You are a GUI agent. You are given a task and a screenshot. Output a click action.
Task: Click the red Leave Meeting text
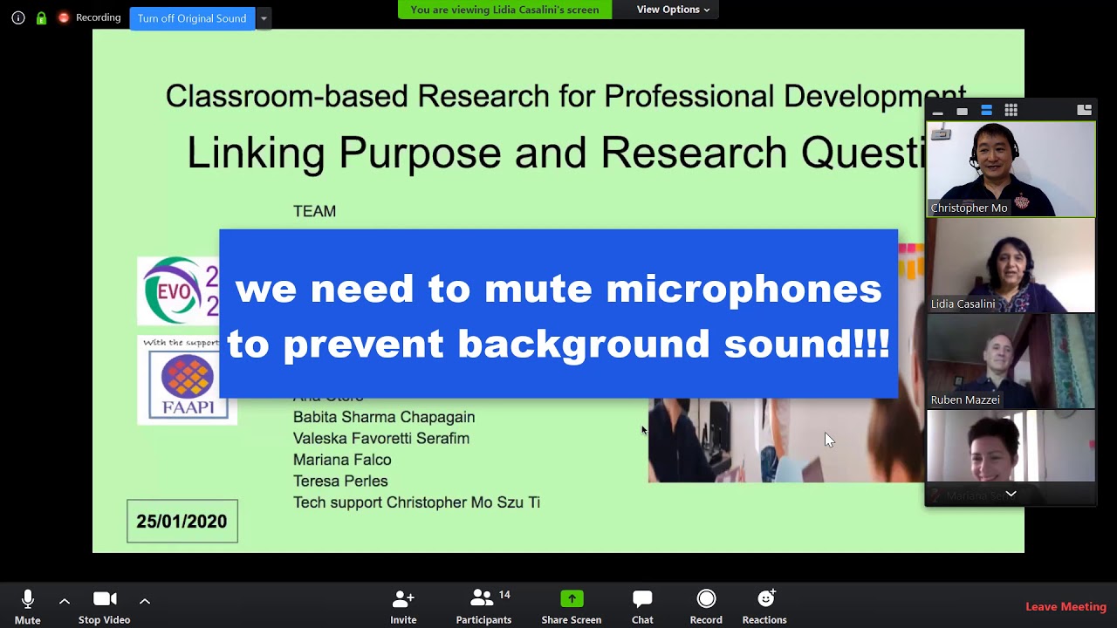point(1066,607)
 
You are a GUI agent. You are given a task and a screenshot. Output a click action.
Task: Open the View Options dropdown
point(673,10)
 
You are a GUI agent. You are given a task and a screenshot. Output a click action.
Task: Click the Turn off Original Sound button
point(192,18)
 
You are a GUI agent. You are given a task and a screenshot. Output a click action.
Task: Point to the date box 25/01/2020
point(182,522)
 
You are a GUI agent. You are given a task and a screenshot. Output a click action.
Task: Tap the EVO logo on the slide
point(179,290)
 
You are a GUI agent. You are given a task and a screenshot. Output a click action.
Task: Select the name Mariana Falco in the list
point(342,460)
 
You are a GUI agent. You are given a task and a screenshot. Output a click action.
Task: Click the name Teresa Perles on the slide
point(340,481)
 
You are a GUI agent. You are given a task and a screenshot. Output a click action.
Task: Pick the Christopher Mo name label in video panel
point(969,208)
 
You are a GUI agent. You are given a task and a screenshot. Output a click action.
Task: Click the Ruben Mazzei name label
point(964,399)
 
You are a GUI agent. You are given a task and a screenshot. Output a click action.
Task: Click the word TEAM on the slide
point(314,211)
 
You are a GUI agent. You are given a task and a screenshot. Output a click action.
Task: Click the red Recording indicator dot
point(64,17)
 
